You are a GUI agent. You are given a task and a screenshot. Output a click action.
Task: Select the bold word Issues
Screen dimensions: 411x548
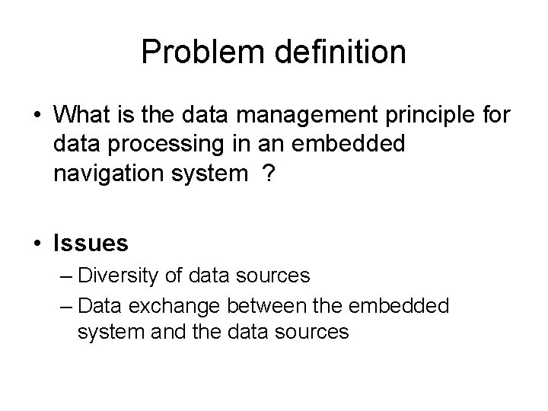(x=91, y=244)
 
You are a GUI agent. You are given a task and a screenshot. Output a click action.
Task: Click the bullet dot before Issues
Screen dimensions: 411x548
(x=38, y=244)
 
